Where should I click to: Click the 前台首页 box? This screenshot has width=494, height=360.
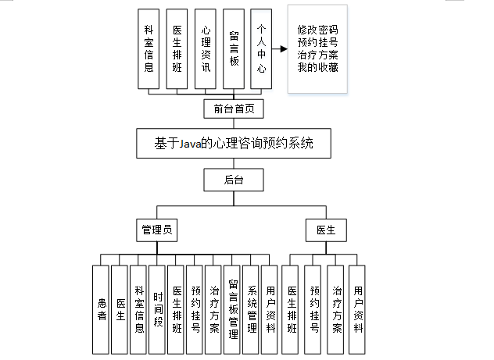[234, 109]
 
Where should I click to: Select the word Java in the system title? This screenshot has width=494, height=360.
[185, 144]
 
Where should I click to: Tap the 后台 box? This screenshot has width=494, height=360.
[234, 180]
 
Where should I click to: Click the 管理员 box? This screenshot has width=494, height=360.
[156, 230]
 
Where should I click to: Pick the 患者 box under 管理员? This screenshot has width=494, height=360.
[100, 308]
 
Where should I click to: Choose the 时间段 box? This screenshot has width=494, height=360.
[158, 308]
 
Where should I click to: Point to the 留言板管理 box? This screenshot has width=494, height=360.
[233, 308]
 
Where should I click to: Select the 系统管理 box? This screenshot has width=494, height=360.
[252, 308]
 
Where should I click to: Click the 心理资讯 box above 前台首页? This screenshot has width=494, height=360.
[206, 49]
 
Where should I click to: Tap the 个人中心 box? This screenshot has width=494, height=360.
[262, 49]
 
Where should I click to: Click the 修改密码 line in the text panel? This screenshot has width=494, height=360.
[318, 30]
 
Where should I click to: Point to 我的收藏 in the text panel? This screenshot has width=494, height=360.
[318, 69]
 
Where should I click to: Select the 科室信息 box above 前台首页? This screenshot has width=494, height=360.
[149, 49]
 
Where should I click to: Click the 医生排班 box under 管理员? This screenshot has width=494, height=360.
[177, 308]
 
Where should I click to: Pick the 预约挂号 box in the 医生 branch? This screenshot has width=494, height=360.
[314, 308]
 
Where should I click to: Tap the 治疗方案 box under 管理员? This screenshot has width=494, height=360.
[214, 308]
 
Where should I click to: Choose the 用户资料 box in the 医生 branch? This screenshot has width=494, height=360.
[357, 308]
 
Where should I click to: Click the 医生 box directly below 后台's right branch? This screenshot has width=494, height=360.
[325, 230]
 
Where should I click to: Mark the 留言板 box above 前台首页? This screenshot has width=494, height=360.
[234, 49]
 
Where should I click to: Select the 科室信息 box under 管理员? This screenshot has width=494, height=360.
[138, 308]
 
